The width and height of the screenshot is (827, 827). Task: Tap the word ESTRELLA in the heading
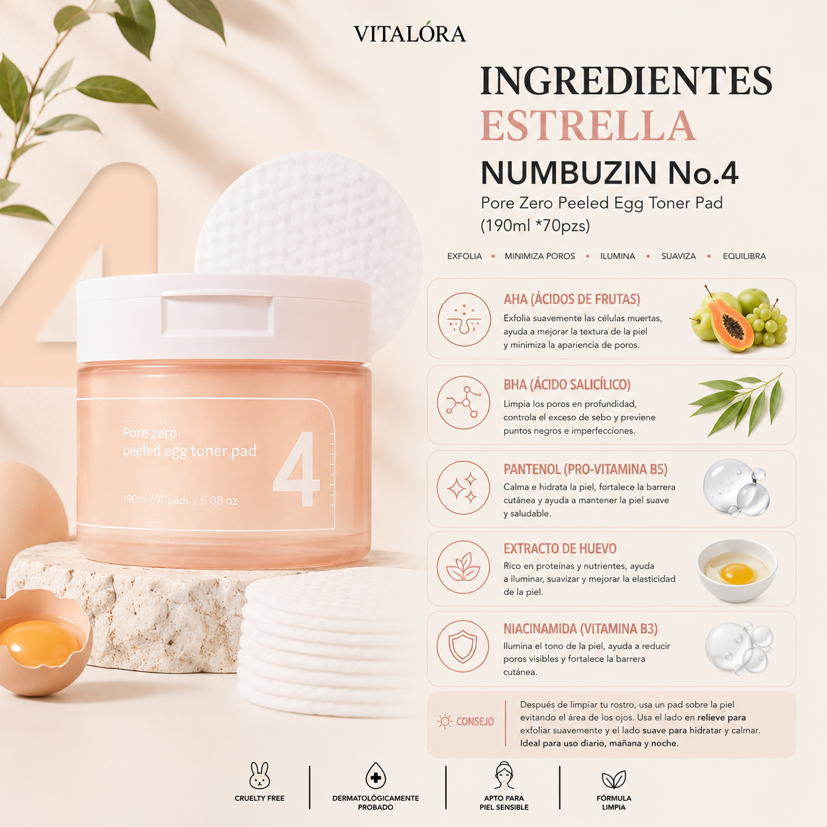588,126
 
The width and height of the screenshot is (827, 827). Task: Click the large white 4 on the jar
297,469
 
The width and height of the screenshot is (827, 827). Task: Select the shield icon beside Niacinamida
463,646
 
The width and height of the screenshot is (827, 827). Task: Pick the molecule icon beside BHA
464,402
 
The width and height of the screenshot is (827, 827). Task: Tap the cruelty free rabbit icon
260,776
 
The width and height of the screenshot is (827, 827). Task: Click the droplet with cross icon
375,776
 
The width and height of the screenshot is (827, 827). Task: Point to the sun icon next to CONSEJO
444,721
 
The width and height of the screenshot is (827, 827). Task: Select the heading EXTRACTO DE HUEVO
560,549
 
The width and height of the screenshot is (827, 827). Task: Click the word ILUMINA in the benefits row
617,256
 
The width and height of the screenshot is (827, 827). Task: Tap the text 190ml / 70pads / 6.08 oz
180,500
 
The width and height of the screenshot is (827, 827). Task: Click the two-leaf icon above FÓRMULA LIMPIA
614,780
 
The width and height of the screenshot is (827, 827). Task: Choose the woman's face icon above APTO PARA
504,776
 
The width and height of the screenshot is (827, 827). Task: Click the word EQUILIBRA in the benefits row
744,256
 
